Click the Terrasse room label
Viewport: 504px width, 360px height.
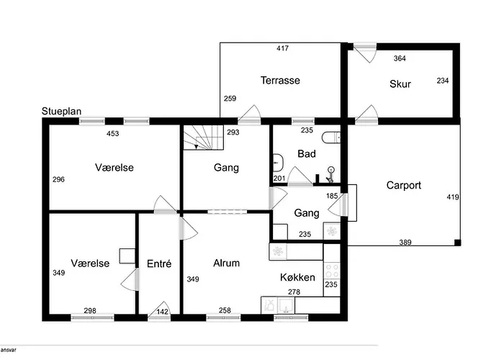(x=280, y=80)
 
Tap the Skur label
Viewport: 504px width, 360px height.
(x=400, y=84)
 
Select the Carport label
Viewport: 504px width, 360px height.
(x=404, y=185)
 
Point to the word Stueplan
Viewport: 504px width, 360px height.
(x=61, y=111)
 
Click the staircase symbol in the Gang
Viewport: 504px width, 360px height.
(x=204, y=138)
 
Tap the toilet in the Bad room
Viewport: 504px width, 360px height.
(x=330, y=138)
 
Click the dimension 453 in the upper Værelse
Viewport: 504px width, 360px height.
(x=113, y=133)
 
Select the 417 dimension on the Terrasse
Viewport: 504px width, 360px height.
(x=282, y=48)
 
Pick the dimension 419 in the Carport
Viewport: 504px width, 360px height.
(x=453, y=197)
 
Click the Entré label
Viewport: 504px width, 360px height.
(x=159, y=264)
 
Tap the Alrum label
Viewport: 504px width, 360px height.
(x=226, y=263)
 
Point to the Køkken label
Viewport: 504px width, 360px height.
(x=297, y=277)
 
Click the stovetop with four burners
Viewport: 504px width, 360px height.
(x=332, y=270)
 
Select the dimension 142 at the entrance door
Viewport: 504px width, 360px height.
(x=162, y=312)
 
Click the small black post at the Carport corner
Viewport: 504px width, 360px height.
(x=457, y=243)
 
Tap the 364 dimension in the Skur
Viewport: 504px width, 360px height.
(x=400, y=58)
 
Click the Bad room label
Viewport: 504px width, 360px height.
(x=307, y=153)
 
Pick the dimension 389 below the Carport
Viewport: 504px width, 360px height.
(x=405, y=243)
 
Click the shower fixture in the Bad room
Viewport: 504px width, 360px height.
(x=330, y=174)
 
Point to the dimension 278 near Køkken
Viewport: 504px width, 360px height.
(x=294, y=292)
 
